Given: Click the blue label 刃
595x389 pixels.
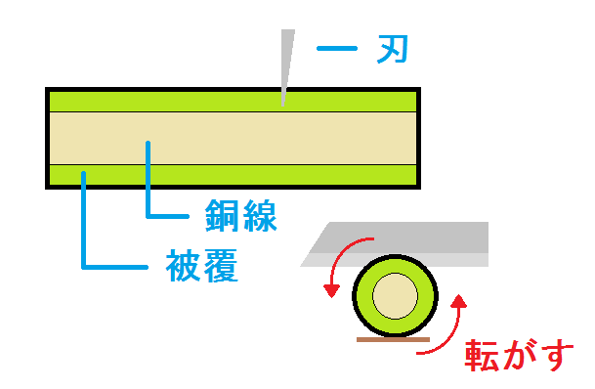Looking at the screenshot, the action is (x=393, y=49).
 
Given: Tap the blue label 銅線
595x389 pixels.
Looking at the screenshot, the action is (x=241, y=216).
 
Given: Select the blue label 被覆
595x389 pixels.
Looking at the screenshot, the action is (x=202, y=265).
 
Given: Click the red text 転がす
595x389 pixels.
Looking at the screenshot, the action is (x=519, y=355).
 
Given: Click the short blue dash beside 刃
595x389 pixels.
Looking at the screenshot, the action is (x=337, y=48).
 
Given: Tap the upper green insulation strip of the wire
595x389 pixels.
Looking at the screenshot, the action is (x=233, y=102).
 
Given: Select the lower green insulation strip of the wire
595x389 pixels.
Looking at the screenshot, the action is (x=233, y=175).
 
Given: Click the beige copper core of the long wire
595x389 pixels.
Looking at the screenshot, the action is (x=233, y=139).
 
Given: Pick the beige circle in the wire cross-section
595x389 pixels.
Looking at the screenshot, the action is (x=395, y=296).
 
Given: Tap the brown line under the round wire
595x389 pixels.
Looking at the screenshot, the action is (x=393, y=340).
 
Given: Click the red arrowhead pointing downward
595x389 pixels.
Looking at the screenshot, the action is (x=331, y=291).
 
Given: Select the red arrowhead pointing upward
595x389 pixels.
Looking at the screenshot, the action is (x=459, y=301).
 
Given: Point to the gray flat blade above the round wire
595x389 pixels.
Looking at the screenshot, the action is (x=395, y=244).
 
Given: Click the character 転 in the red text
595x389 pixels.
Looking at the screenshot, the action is (x=481, y=355).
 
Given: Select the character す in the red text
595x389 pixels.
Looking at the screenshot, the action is (x=558, y=356).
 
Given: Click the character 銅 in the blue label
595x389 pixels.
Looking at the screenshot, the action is (x=222, y=216).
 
